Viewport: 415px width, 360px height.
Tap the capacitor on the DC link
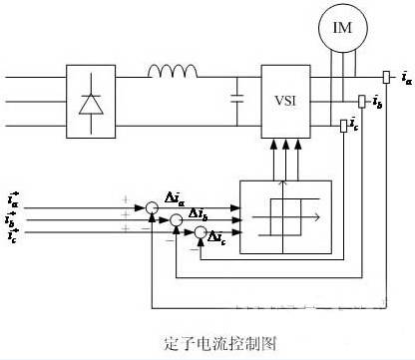coord(236,100)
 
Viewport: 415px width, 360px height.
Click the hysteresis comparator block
coord(285,212)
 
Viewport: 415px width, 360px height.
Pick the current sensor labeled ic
coord(343,125)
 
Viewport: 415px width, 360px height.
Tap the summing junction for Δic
coord(201,233)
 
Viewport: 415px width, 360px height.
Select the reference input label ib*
coord(12,220)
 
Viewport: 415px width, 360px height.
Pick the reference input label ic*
coord(12,237)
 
